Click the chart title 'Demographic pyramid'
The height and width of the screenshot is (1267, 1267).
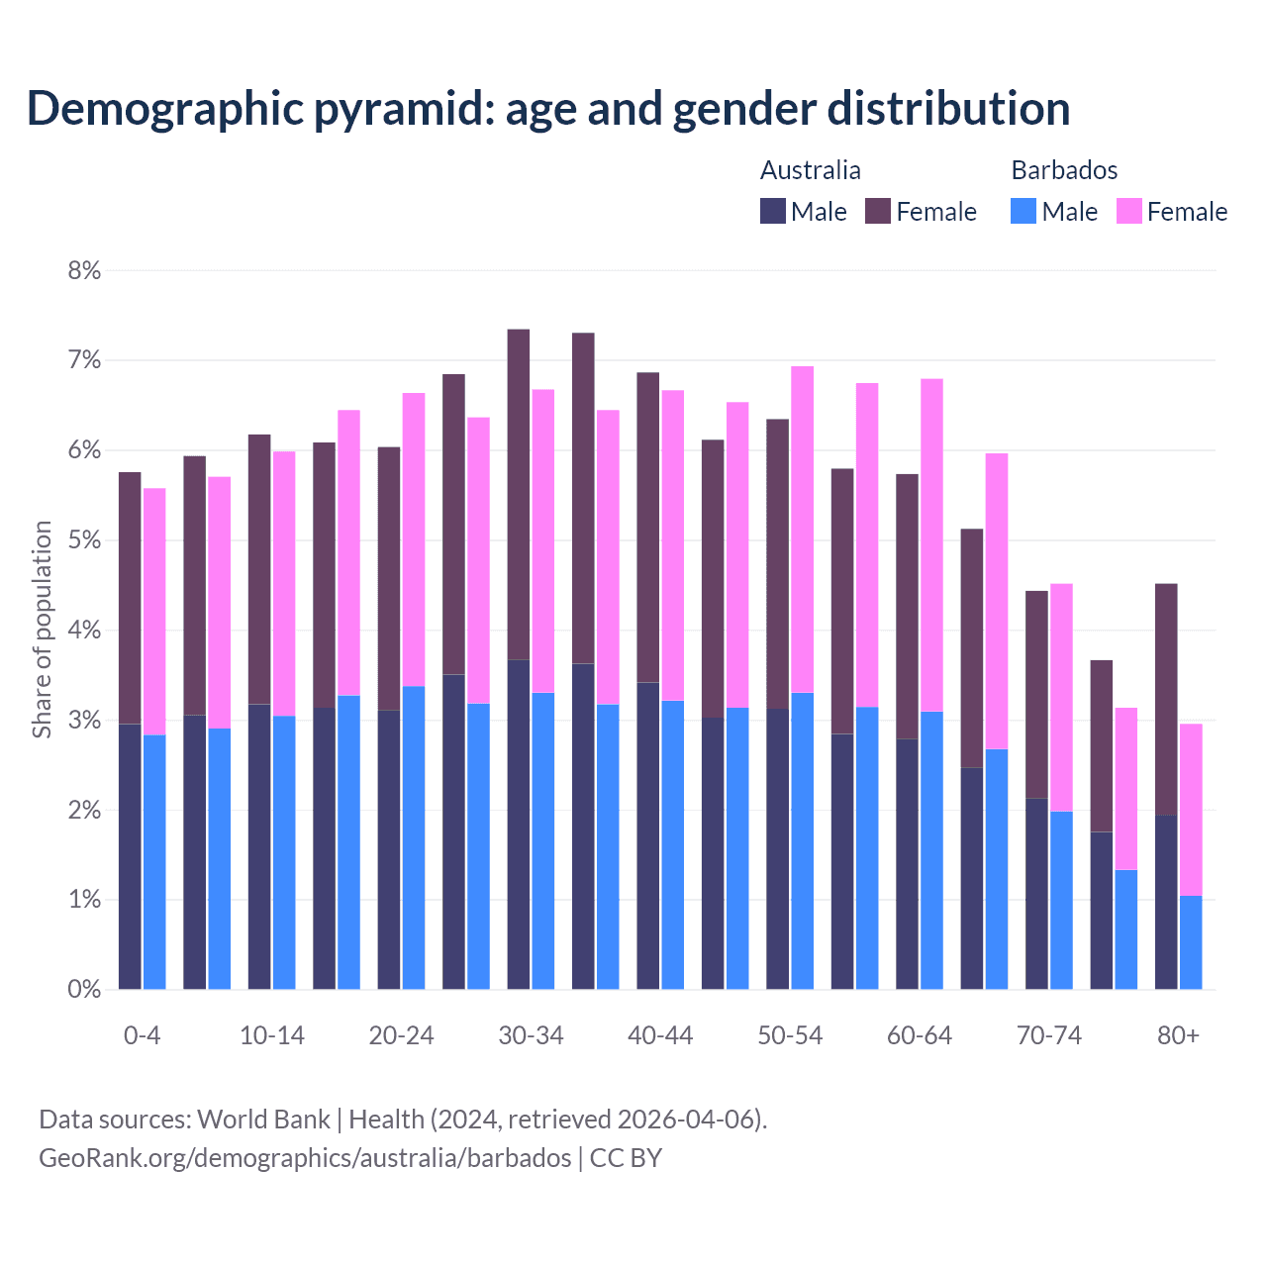pos(547,109)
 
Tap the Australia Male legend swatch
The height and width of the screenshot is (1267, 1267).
pos(773,211)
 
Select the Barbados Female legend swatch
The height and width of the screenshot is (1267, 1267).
pos(1128,211)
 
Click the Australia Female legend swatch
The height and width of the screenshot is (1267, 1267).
pos(878,211)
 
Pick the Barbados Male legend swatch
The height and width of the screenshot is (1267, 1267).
pos(1023,211)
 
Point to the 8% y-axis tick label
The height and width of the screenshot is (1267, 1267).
pos(84,270)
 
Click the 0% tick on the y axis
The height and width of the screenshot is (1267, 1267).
pos(84,989)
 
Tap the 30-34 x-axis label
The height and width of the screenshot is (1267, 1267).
pos(531,1035)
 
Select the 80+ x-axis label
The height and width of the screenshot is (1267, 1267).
pos(1178,1035)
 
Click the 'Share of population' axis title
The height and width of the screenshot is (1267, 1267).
pos(42,630)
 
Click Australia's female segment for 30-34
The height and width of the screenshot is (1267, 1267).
pos(518,495)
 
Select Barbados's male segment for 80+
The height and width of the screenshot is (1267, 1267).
pos(1191,942)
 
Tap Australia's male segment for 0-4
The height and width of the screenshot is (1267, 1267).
pos(130,856)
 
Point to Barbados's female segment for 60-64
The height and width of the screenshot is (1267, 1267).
pos(931,544)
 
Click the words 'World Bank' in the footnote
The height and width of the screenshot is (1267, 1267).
pos(263,1120)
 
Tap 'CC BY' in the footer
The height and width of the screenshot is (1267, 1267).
pos(626,1158)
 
